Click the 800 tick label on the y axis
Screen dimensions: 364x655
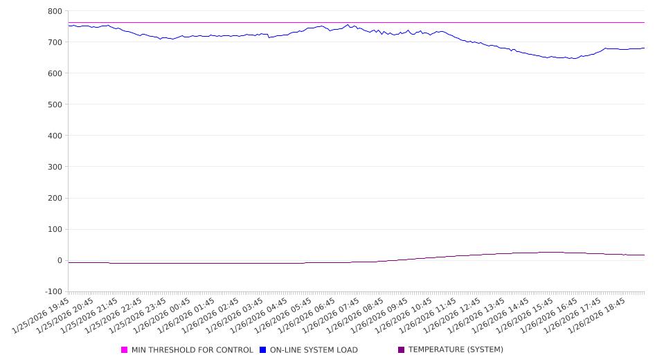pyautogui.click(x=55, y=11)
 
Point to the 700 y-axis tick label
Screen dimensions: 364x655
pyautogui.click(x=55, y=42)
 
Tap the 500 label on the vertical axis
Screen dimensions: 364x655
pyautogui.click(x=55, y=104)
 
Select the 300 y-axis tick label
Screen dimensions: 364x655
pyautogui.click(x=55, y=167)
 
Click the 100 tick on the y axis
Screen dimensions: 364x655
pyautogui.click(x=55, y=229)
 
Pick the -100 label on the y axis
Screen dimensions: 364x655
pyautogui.click(x=53, y=291)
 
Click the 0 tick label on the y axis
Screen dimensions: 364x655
pyautogui.click(x=60, y=260)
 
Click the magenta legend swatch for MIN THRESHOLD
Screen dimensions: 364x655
pyautogui.click(x=125, y=350)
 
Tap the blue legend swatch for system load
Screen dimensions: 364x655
pyautogui.click(x=263, y=350)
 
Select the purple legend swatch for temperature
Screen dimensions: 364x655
pyautogui.click(x=402, y=350)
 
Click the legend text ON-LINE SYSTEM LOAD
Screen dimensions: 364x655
pyautogui.click(x=314, y=350)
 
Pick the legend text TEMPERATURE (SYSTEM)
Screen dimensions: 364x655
pyautogui.click(x=456, y=350)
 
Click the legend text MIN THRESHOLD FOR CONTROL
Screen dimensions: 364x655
pyautogui.click(x=192, y=350)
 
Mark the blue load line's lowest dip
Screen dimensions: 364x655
pyautogui.click(x=573, y=59)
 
